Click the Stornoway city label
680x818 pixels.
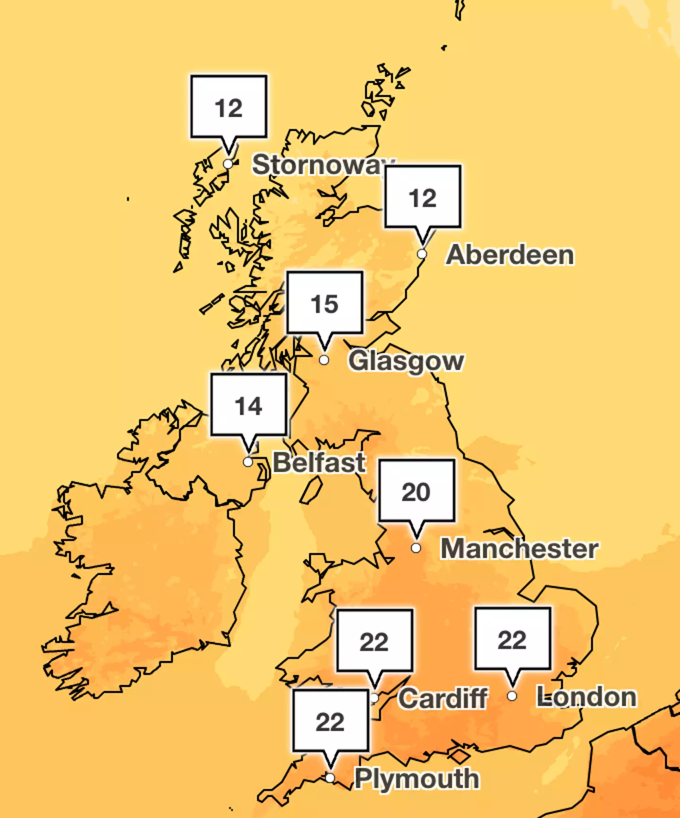[x=319, y=165]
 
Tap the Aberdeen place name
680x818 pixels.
[x=510, y=255]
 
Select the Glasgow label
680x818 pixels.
[x=406, y=361]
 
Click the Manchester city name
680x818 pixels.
[x=519, y=548]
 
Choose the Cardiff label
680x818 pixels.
[x=443, y=698]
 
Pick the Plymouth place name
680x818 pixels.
[x=416, y=778]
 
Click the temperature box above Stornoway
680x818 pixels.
[x=229, y=107]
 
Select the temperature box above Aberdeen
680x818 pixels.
[x=423, y=197]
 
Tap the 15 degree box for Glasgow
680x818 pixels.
[x=324, y=303]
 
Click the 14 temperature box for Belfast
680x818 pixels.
[x=248, y=405]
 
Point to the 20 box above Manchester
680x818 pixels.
[x=416, y=491]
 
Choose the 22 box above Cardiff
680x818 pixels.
[x=374, y=641]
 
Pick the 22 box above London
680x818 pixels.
[x=512, y=639]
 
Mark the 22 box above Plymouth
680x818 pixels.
[x=330, y=721]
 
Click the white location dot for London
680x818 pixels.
[x=512, y=696]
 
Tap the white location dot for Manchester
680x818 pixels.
[x=416, y=548]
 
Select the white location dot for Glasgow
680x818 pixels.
[x=324, y=360]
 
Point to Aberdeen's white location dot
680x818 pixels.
[x=422, y=254]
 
